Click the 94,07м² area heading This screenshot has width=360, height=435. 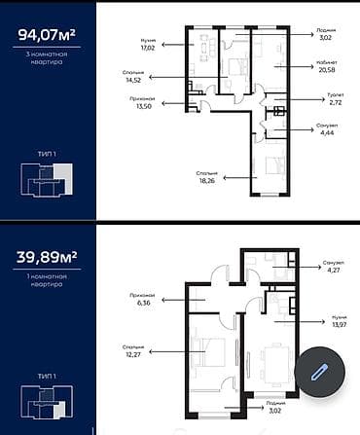48,37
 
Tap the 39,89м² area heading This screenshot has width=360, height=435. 48,258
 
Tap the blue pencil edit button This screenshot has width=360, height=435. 317,371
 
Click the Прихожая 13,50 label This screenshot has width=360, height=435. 146,102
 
